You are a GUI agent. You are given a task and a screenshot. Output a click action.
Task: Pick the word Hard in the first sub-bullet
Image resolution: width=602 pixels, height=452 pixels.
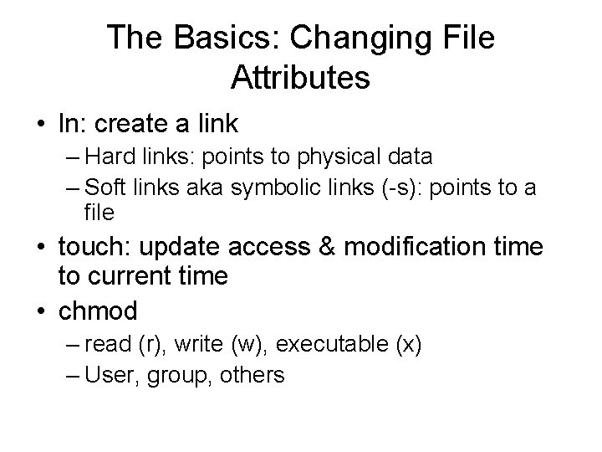pos(105,157)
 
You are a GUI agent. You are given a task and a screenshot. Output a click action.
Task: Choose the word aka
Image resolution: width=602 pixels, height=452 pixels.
pos(198,187)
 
